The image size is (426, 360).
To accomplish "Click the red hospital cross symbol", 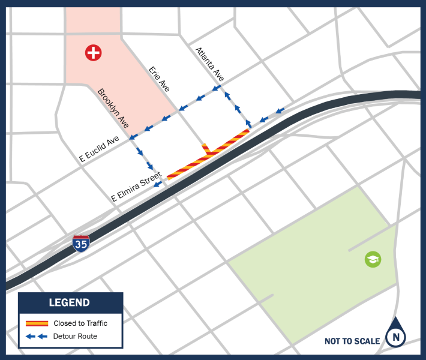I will coord(93,52).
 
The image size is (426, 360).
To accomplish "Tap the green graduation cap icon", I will coord(373,259).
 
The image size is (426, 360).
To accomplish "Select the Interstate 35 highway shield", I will coord(81,243).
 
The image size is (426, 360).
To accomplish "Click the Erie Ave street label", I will coord(160,79).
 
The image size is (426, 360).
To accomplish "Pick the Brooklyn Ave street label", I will coord(113,109).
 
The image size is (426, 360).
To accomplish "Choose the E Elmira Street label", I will coord(136,187).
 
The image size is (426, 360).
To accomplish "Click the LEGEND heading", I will coord(70,303).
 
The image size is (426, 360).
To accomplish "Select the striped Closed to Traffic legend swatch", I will coord(37,323).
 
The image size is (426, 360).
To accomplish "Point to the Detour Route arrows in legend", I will coord(37,337).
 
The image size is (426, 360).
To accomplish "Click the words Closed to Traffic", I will coord(80,323).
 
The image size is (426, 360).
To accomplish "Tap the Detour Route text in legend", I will coord(75,337).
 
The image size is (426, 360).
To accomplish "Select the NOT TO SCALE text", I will coord(352,341).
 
